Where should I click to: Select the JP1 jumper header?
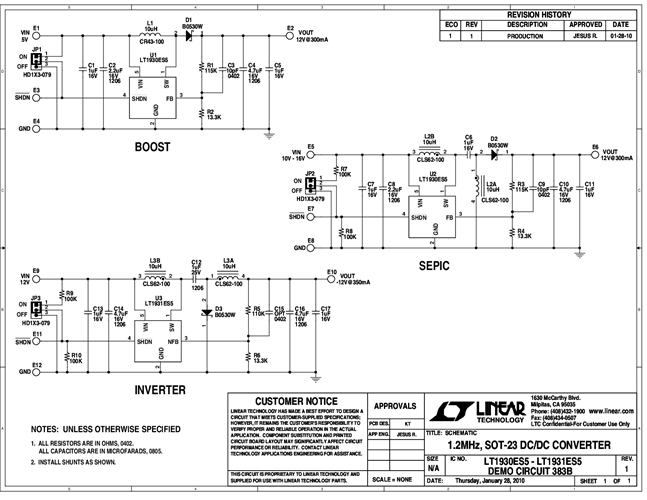click(x=36, y=58)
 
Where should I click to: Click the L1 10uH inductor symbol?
click(x=150, y=32)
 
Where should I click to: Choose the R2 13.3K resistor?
click(x=200, y=112)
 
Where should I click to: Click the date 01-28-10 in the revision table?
click(x=620, y=35)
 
